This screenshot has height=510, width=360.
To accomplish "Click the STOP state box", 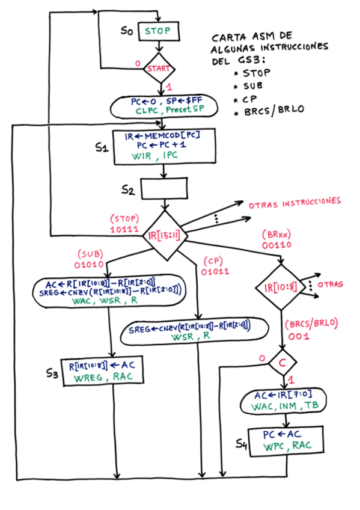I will pos(159,31).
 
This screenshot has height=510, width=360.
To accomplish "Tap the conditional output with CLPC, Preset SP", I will pos(159,106).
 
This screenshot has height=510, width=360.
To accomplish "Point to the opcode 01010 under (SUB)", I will pos(90,263).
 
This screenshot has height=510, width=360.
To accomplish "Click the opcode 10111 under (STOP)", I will pos(124,230).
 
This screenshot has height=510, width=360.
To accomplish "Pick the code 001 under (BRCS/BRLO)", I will pos(298,336).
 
